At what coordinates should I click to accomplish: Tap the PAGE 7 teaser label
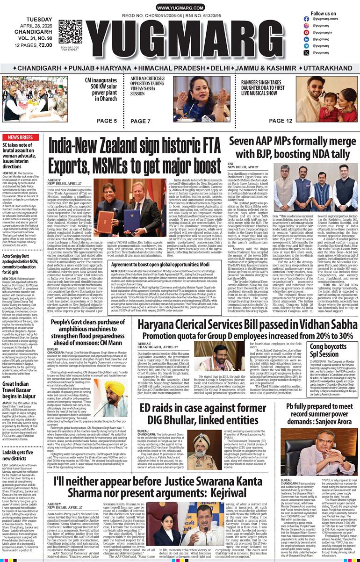coord(141,121)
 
